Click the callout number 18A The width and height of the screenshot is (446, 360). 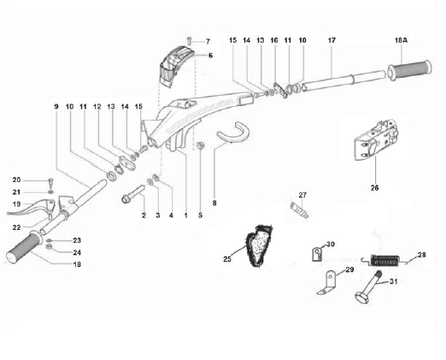[x=401, y=40]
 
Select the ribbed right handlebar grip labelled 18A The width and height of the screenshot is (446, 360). [x=409, y=70]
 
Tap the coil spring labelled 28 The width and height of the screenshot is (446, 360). [x=384, y=261]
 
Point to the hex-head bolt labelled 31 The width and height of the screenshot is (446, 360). [x=367, y=286]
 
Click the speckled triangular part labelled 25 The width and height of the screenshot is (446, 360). [x=259, y=245]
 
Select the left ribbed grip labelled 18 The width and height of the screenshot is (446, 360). [x=24, y=246]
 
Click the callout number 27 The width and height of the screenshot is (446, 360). [x=302, y=195]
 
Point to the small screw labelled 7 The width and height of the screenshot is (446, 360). [x=189, y=40]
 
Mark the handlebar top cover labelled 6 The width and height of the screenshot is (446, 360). [x=176, y=66]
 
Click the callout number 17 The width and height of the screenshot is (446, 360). [x=332, y=40]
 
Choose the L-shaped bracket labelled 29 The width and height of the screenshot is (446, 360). [x=327, y=283]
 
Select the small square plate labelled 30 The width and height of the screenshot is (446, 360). [x=317, y=254]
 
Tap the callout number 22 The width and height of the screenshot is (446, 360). [x=16, y=227]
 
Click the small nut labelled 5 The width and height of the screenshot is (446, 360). [x=200, y=145]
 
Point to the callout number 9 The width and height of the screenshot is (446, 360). [x=56, y=106]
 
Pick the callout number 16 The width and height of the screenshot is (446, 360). [x=274, y=40]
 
